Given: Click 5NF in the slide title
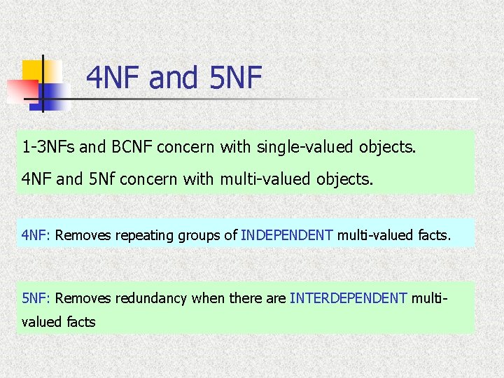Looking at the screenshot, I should (234, 78).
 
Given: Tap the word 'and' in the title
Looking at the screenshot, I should (174, 78).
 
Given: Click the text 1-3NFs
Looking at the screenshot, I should (48, 148).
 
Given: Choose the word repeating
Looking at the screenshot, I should (139, 235).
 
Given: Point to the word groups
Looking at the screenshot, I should (199, 235).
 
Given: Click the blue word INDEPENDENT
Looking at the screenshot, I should (287, 235).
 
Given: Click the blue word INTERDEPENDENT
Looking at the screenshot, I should (348, 298).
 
